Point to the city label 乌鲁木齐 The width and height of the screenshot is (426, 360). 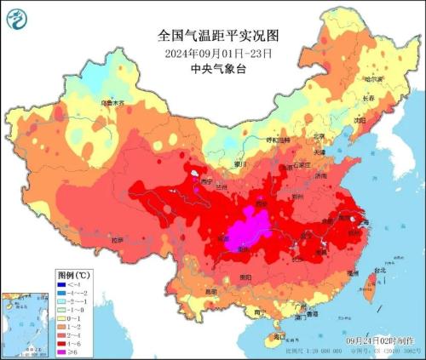pos(112,103)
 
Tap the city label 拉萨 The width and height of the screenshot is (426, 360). pos(118,240)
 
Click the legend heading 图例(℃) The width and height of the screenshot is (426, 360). pos(74,276)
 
